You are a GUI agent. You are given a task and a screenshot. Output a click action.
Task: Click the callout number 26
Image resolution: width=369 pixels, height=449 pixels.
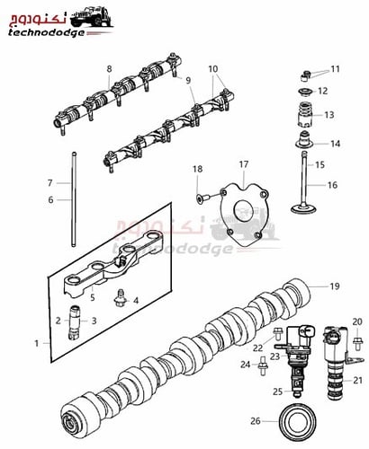255,421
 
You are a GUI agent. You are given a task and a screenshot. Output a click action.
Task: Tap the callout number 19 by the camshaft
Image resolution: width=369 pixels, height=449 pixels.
335,286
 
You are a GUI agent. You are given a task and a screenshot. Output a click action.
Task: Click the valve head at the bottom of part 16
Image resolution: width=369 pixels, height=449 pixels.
304,208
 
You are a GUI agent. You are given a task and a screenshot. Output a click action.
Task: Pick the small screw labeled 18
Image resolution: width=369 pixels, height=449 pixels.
200,198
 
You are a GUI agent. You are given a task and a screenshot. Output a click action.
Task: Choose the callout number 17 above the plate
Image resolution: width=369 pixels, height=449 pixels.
244,164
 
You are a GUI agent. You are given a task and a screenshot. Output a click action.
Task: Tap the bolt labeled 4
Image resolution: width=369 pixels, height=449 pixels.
120,300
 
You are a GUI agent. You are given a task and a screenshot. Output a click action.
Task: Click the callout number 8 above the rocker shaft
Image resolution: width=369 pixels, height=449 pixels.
109,69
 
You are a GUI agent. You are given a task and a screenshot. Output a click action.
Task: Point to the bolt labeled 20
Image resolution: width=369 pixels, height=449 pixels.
358,344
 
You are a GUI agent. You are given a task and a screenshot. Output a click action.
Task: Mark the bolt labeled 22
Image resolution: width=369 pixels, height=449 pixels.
277,334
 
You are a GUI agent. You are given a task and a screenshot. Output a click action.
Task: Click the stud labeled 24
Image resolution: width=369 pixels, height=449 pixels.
263,365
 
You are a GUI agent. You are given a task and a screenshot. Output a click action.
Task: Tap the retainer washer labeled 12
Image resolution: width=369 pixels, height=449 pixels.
305,91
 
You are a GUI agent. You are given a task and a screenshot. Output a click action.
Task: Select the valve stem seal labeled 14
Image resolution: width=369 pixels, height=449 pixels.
305,140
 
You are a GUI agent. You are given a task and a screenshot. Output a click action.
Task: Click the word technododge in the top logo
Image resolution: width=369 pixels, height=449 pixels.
46,32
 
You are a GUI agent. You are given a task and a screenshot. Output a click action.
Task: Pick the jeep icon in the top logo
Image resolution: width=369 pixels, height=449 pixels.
92,16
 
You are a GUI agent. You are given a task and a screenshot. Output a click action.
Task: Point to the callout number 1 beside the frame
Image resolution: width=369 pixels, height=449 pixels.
37,343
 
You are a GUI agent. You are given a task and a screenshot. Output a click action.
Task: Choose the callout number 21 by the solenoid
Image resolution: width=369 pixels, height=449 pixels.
357,380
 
